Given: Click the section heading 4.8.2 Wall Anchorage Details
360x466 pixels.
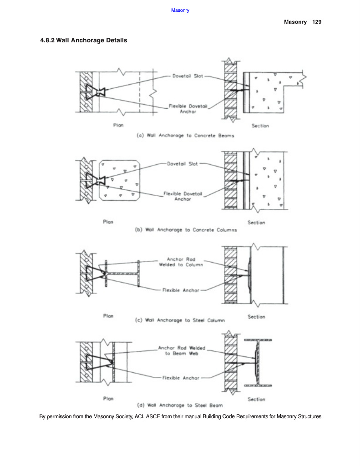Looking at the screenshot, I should [x=84, y=41].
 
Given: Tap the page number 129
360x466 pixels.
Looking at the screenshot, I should [x=317, y=22].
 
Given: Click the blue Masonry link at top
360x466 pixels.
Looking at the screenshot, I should [x=180, y=10].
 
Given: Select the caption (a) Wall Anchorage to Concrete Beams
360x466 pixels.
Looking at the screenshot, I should [x=185, y=136].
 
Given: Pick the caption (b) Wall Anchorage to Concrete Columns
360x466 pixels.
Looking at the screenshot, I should [x=185, y=230].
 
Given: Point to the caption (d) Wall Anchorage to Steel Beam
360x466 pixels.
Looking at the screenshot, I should [x=180, y=405].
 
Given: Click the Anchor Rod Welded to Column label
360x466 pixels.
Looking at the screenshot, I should [x=181, y=262].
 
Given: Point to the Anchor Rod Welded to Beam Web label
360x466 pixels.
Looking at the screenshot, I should [x=181, y=351].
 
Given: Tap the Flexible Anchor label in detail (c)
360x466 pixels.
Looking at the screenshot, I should [x=181, y=290].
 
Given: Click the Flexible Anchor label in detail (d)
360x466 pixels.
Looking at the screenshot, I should [x=181, y=378].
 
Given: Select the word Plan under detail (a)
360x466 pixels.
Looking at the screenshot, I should [x=118, y=126].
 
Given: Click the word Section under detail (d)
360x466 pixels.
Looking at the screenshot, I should [x=256, y=399].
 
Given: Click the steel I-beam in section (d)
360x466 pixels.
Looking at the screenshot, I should [x=258, y=363].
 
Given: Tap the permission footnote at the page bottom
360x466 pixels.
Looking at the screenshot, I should [x=180, y=416].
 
